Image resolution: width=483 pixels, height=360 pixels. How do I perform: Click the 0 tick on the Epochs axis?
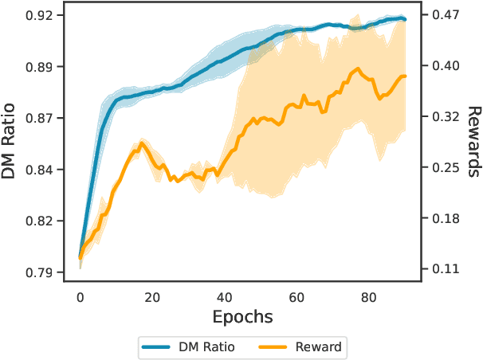(x=80, y=297)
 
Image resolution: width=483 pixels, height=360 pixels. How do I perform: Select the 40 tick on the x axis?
(x=225, y=297)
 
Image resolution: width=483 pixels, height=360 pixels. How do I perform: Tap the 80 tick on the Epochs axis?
(x=369, y=297)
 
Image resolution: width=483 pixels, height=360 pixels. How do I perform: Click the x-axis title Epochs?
(x=242, y=317)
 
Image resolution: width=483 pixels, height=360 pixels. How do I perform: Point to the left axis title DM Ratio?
(x=11, y=143)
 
